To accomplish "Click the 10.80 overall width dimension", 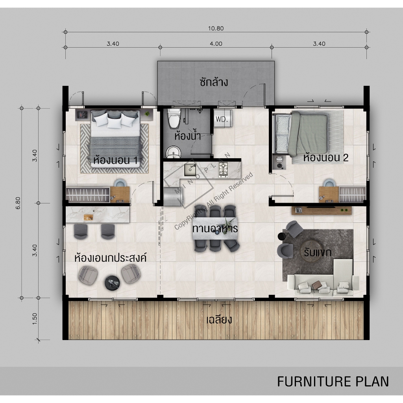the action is pyautogui.click(x=216, y=28).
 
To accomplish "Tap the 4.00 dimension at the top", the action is pyautogui.click(x=216, y=44).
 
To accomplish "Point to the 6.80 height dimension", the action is pyautogui.click(x=18, y=203).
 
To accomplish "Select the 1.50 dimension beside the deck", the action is pyautogui.click(x=35, y=319).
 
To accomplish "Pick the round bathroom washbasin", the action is pyautogui.click(x=174, y=152).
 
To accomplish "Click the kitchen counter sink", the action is pyautogui.click(x=190, y=170).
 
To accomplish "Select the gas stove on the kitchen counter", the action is pyautogui.click(x=224, y=170).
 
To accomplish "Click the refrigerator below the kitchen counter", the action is pyautogui.click(x=173, y=196).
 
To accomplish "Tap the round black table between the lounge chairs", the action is pyautogui.click(x=112, y=283).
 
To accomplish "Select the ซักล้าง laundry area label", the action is pyautogui.click(x=214, y=82).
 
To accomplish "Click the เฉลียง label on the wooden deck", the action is pyautogui.click(x=219, y=320).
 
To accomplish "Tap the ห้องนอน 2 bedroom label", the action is pyautogui.click(x=325, y=157).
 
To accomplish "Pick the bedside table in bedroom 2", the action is pyautogui.click(x=279, y=162).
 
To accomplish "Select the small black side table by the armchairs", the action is pyautogui.click(x=282, y=236).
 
